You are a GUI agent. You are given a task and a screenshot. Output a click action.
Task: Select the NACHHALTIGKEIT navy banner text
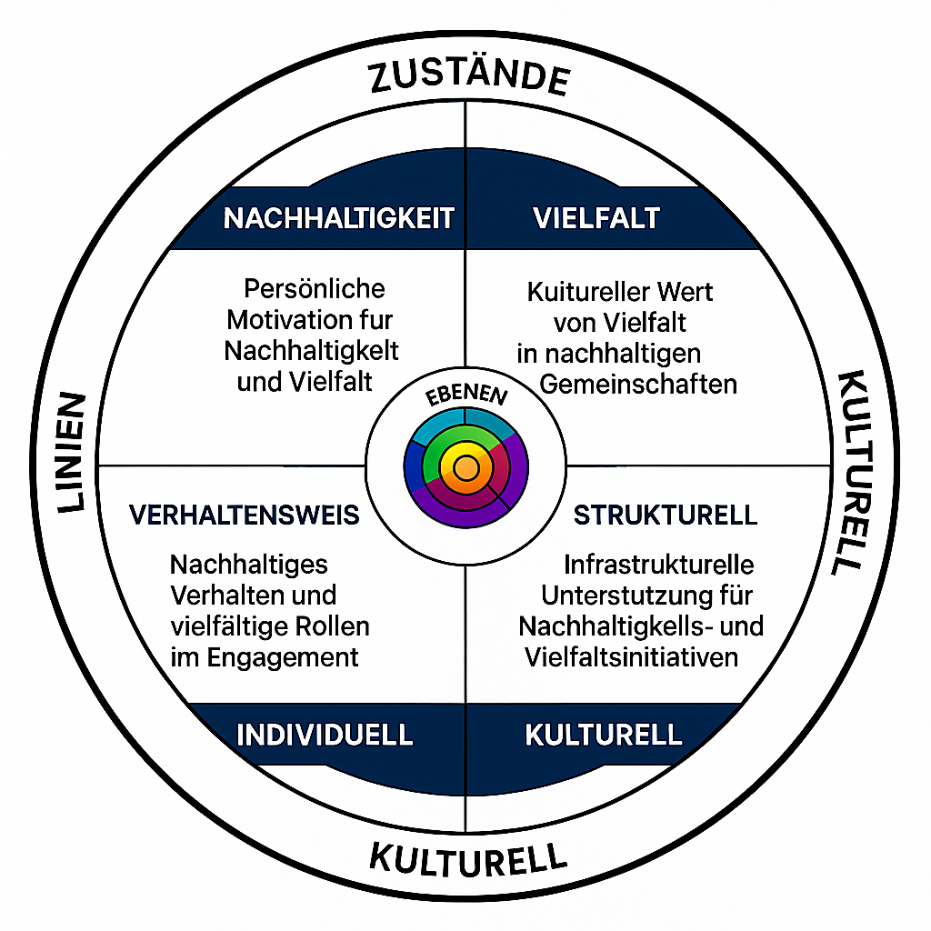(338, 218)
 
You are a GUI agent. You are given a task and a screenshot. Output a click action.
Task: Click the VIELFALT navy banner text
(596, 218)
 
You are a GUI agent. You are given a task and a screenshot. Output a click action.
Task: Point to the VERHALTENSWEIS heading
(244, 516)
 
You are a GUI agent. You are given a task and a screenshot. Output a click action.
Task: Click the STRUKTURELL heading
(665, 516)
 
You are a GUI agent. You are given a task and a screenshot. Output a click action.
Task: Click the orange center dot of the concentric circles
(465, 468)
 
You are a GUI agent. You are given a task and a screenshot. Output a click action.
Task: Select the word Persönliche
(315, 289)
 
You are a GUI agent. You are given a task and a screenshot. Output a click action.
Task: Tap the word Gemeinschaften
(637, 385)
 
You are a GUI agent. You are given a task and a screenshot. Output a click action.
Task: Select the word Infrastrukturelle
(658, 565)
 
